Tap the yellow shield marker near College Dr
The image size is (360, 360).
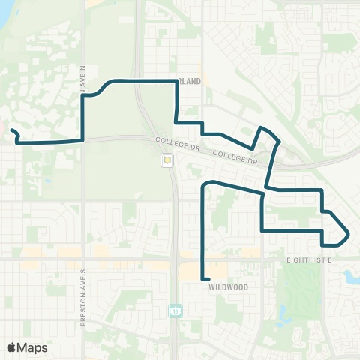tap(166, 160)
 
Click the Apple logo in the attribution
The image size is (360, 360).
tap(12, 347)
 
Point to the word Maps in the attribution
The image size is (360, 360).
tap(32, 347)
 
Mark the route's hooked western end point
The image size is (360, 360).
tap(11, 130)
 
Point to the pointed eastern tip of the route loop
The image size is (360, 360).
tap(349, 235)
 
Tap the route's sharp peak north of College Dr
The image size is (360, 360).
tap(260, 129)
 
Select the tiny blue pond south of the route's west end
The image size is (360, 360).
tap(46, 181)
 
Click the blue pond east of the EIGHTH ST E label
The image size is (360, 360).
tap(350, 277)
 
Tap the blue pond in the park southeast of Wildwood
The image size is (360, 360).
tap(283, 310)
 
